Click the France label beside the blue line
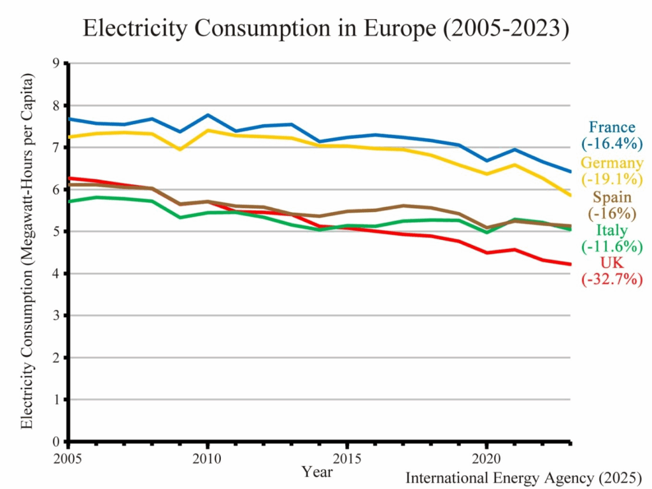click(612, 127)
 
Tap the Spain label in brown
click(612, 197)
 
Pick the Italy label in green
click(612, 230)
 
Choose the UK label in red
click(612, 264)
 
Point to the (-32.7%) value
click(612, 279)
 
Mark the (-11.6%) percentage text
click(612, 246)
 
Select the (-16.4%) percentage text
click(612, 143)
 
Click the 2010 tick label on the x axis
click(208, 458)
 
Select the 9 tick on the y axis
click(55, 63)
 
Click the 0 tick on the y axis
click(55, 442)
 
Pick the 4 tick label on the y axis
click(55, 274)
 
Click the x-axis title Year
click(316, 472)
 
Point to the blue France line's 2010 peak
click(208, 115)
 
